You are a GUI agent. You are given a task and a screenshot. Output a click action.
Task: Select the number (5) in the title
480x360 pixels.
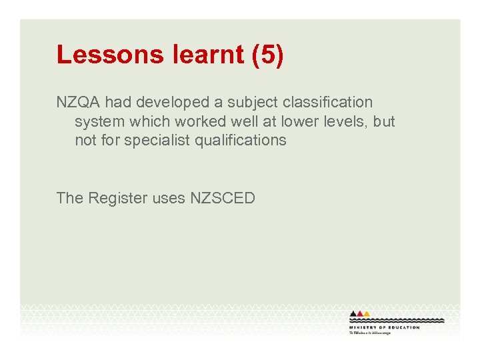tap(268, 55)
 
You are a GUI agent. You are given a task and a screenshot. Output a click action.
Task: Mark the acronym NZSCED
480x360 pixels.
tap(223, 198)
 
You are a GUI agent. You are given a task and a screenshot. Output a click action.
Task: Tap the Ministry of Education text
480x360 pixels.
tap(384, 327)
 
